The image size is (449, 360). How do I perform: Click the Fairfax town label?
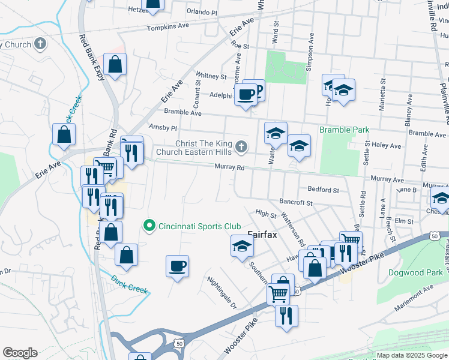tap(262, 235)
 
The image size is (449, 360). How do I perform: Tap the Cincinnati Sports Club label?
tap(198, 226)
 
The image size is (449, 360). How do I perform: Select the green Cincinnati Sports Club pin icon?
tap(149, 226)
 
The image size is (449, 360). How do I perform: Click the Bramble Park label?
tap(344, 130)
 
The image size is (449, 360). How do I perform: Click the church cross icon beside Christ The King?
tap(241, 146)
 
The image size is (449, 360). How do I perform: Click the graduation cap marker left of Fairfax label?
tap(242, 246)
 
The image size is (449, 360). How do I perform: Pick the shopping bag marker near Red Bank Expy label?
tap(115, 64)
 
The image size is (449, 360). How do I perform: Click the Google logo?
tap(20, 353)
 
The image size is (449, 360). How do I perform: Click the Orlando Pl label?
tap(201, 12)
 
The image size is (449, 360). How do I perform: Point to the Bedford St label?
tap(323, 190)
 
